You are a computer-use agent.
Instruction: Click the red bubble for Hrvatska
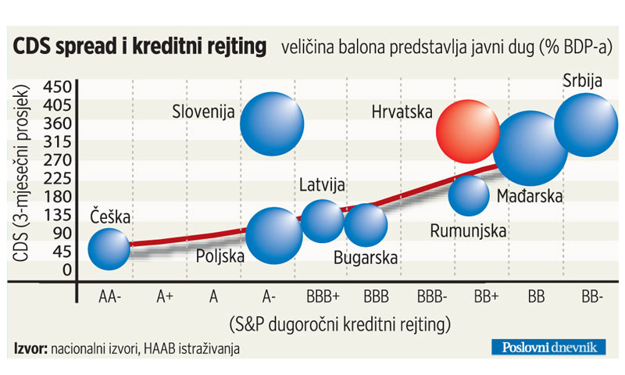tap(467, 130)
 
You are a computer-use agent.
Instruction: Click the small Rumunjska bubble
tap(470, 195)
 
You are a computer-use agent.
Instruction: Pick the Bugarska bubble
tap(366, 225)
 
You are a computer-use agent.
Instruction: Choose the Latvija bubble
tap(322, 220)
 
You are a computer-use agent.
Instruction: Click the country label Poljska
tap(221, 255)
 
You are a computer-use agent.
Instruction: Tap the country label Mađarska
tap(530, 198)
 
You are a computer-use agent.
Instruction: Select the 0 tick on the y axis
tap(66, 270)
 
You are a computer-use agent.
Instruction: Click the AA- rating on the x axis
tap(109, 298)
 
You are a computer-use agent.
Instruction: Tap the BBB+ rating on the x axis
tap(323, 298)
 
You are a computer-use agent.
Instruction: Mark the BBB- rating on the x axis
tap(432, 298)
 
